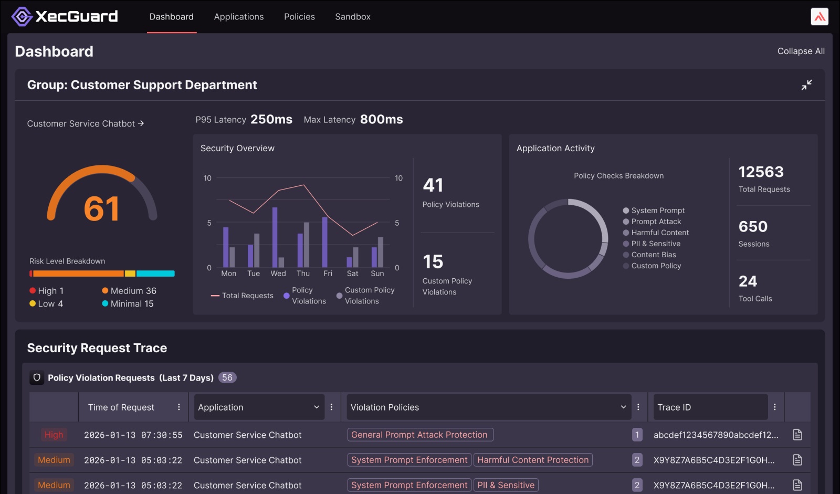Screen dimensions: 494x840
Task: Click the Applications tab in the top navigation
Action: coord(238,17)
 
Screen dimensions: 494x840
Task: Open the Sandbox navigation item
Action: coord(352,17)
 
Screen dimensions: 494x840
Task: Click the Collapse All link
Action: coord(801,51)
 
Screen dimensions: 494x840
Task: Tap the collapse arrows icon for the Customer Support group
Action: coord(806,85)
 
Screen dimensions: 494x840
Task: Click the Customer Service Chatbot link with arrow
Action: coord(85,123)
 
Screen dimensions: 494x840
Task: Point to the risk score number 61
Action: coord(102,208)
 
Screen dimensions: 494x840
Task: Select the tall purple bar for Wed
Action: coord(275,237)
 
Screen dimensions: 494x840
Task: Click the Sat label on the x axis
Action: coord(352,274)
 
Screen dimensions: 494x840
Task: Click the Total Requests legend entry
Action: coord(242,296)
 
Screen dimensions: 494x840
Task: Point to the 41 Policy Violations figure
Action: coord(433,185)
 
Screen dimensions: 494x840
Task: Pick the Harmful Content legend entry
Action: coord(659,233)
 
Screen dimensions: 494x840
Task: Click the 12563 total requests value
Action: coord(761,172)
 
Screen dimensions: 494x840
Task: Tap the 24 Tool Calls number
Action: coord(748,281)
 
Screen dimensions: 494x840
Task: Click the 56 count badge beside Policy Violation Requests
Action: coord(227,377)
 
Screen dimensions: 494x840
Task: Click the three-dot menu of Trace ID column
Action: coord(774,407)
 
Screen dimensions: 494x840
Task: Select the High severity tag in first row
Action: coord(54,435)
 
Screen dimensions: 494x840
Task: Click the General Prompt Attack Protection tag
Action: coord(419,435)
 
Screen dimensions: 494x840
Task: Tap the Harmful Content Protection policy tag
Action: coord(532,460)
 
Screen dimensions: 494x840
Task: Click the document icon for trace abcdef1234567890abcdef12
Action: coord(797,435)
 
